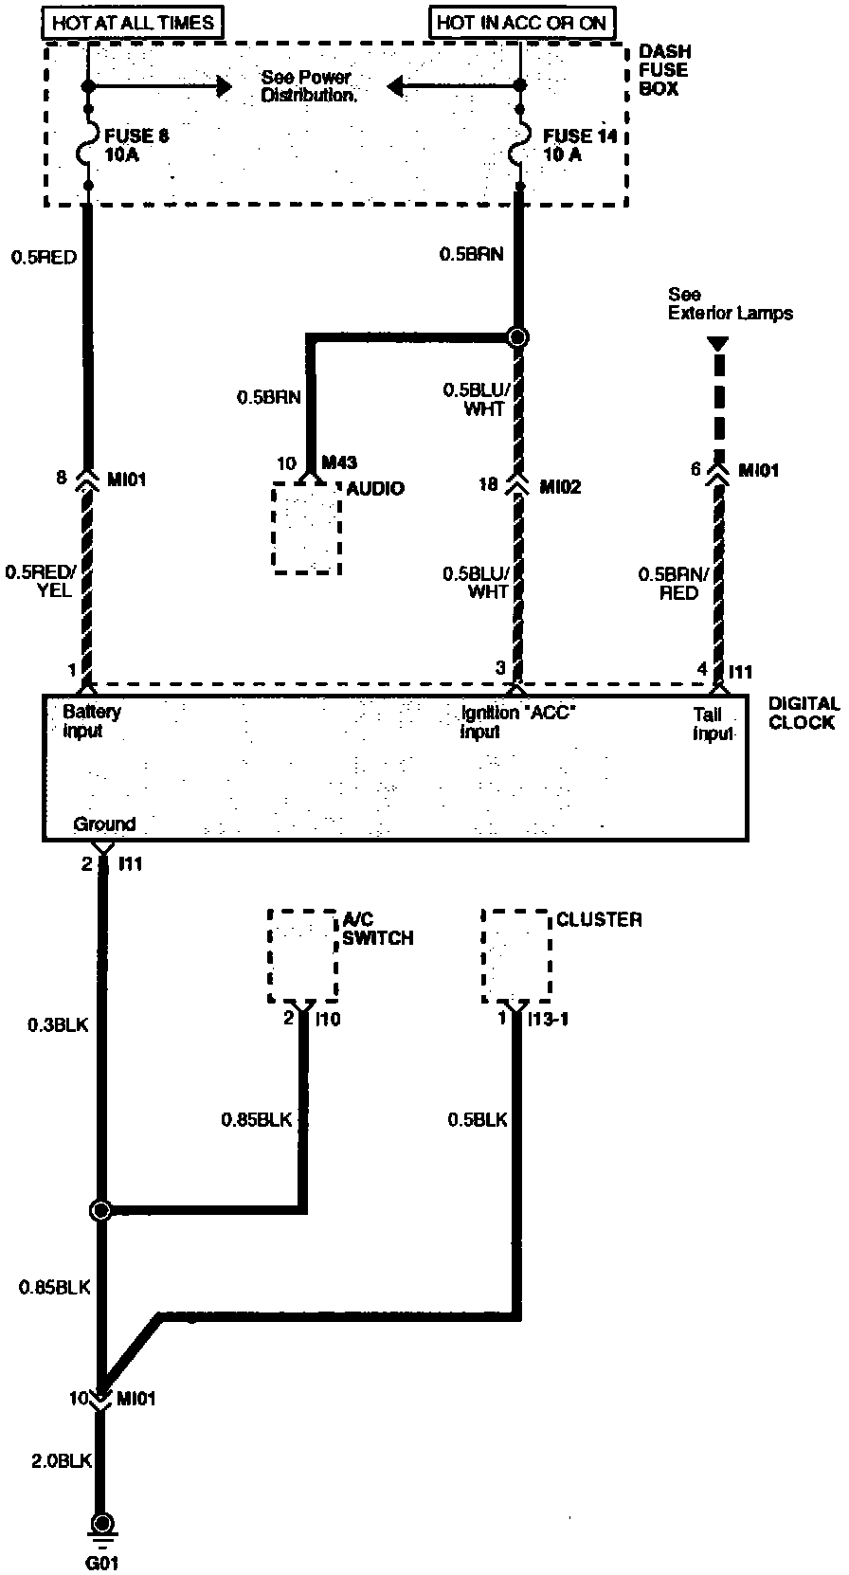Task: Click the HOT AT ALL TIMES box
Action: (133, 22)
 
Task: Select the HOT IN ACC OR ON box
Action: (521, 22)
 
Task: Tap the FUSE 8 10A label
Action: (136, 145)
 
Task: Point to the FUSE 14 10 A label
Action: (579, 145)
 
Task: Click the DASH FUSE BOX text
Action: (664, 69)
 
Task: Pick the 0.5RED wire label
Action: (45, 256)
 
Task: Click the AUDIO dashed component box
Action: (305, 527)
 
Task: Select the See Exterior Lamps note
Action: (730, 303)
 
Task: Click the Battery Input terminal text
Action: (91, 721)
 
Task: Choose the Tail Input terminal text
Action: (714, 725)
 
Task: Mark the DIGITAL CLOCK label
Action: (803, 713)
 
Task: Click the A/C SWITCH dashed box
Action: (303, 955)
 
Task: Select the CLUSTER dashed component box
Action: (516, 955)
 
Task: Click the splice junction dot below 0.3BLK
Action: (100, 1210)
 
